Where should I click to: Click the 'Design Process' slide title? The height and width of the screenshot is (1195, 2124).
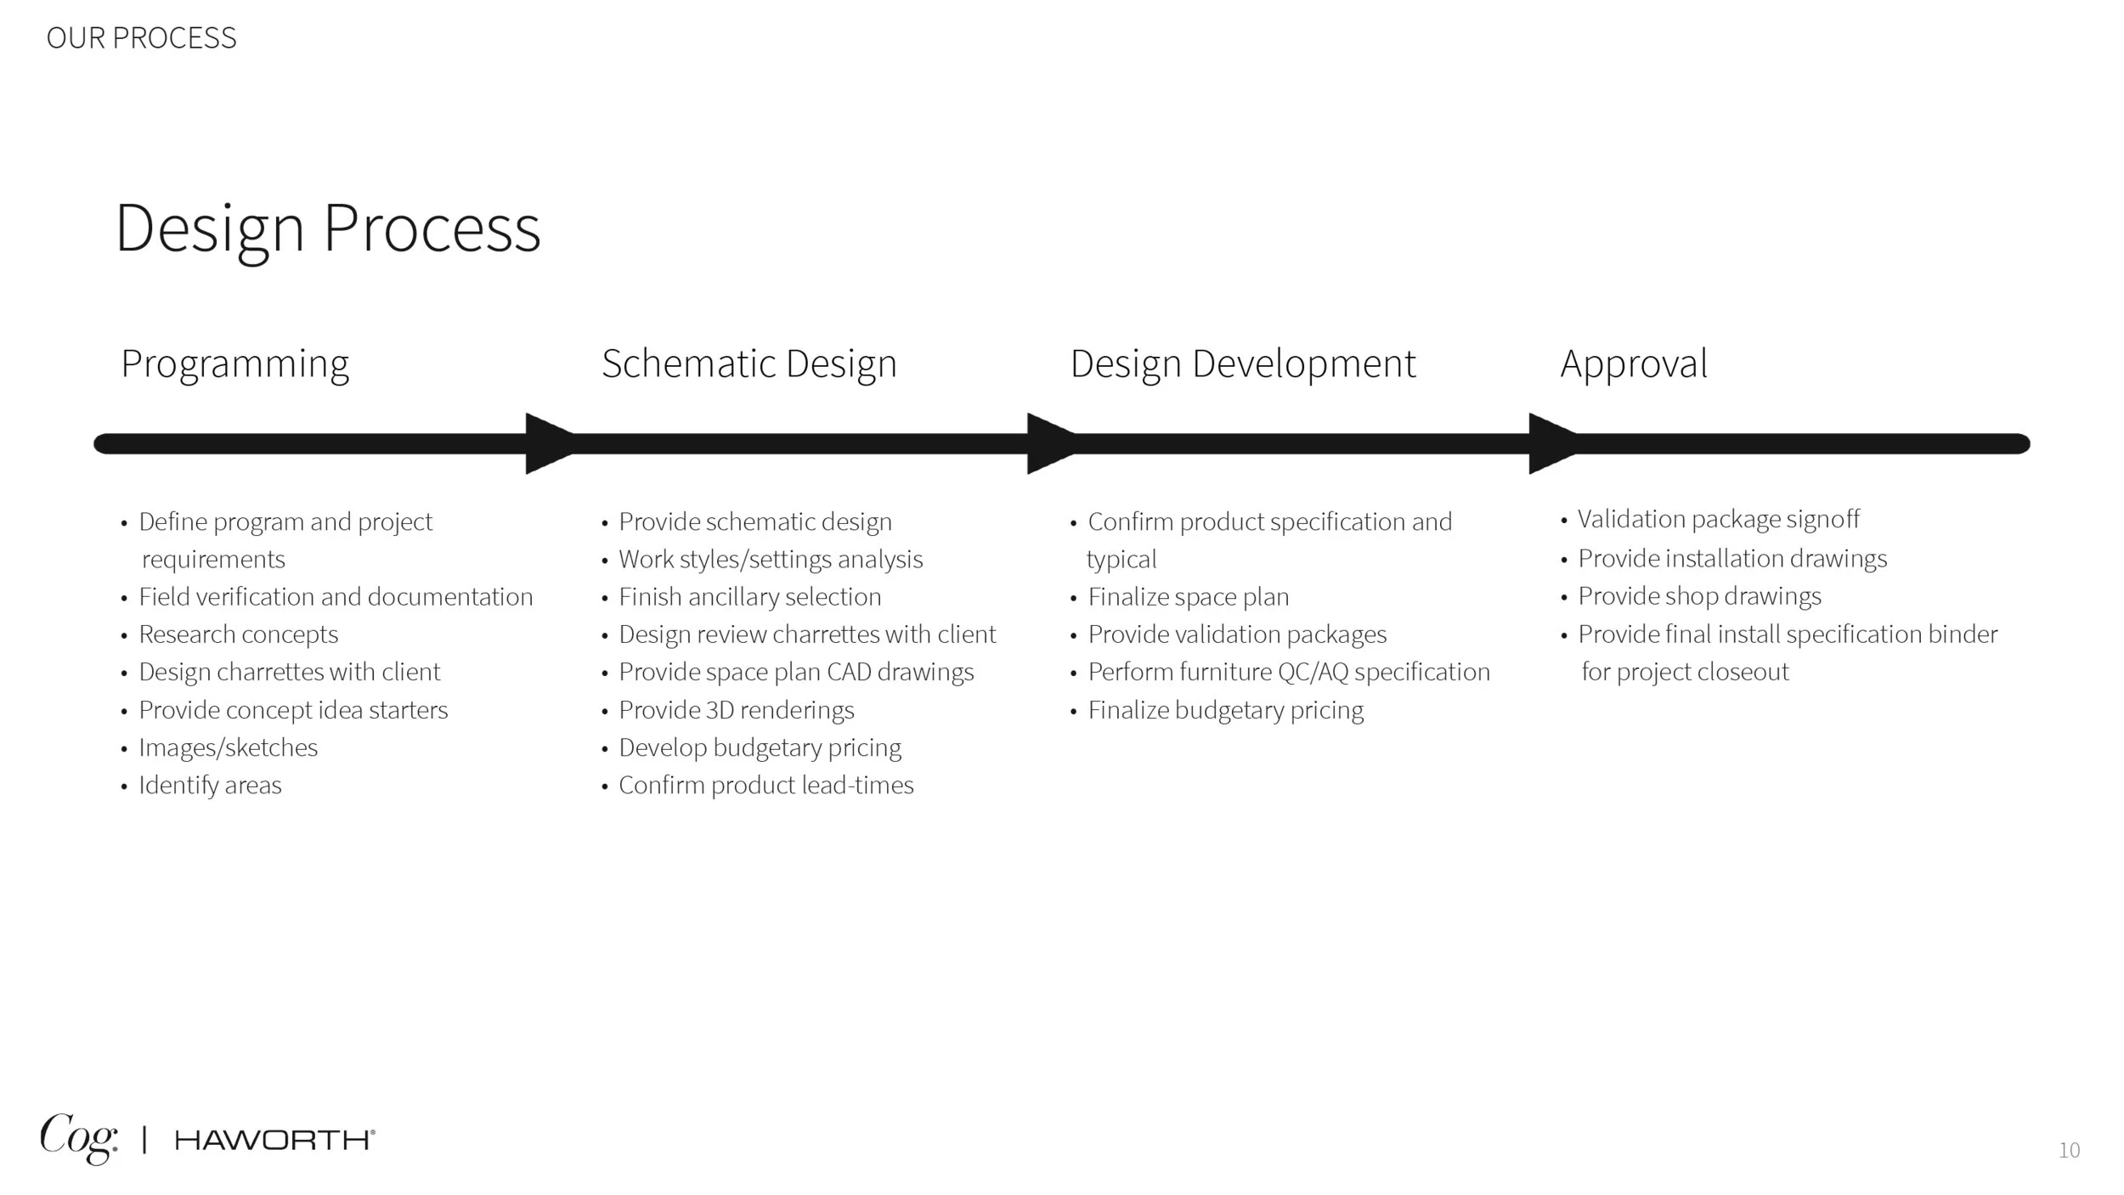coord(327,228)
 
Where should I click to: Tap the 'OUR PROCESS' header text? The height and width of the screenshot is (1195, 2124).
coord(141,38)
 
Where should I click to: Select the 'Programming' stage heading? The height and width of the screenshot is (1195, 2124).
coord(234,364)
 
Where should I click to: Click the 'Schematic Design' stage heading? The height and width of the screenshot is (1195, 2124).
coord(748,364)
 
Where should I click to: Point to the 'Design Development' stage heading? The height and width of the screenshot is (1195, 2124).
coord(1242,364)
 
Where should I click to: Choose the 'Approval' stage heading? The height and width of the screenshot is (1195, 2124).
coord(1633,364)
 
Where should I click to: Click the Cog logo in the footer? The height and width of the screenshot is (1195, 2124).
coord(78,1137)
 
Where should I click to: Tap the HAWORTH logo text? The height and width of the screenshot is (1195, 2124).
coord(274,1140)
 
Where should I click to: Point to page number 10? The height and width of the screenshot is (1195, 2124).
coord(2069,1150)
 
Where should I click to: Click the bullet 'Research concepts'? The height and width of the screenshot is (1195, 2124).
coord(238,634)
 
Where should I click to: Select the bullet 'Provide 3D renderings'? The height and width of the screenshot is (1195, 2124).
coord(736,710)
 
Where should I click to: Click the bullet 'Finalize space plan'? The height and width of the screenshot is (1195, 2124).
coord(1188,597)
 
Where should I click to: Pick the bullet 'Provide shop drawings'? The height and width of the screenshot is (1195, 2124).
coord(1699,596)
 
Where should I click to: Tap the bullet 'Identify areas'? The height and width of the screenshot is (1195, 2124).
coord(210,785)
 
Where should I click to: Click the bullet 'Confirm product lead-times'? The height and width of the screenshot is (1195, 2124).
coord(765,785)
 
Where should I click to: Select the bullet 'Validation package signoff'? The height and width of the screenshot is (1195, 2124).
coord(1718,519)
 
